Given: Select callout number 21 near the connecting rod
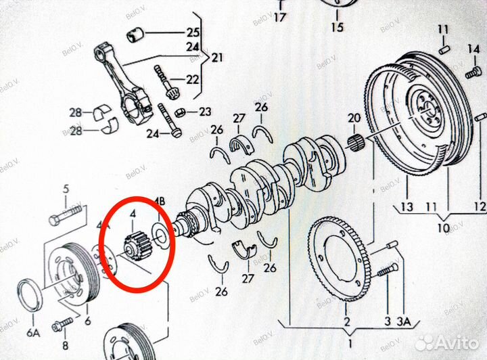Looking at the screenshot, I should (x=216, y=58).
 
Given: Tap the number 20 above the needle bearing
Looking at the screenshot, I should (x=354, y=118).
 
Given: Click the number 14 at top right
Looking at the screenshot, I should (x=473, y=49).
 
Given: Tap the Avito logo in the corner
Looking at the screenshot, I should (x=446, y=342).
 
